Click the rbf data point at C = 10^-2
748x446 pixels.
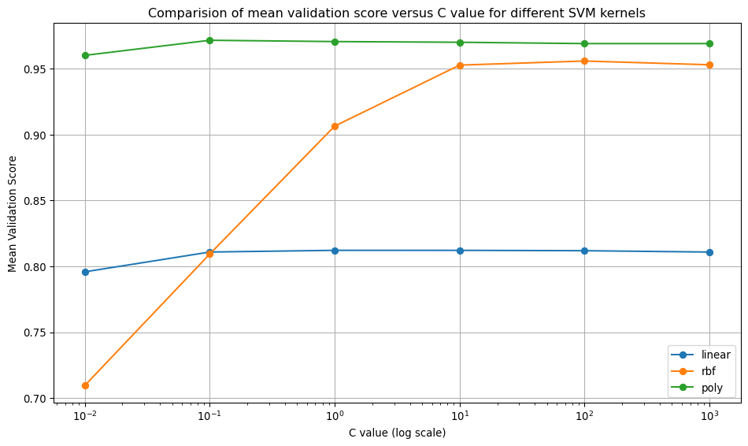click(x=85, y=385)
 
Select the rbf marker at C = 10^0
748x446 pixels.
click(x=335, y=126)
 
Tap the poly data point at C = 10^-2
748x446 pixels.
click(x=85, y=55)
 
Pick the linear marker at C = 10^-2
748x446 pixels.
click(x=85, y=272)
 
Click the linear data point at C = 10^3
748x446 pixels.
click(x=709, y=252)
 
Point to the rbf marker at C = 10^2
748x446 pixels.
click(x=584, y=61)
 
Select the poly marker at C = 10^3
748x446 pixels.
click(x=709, y=43)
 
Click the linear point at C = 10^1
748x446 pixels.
click(x=460, y=251)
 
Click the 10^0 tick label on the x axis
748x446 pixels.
click(x=335, y=414)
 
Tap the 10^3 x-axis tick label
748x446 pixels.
click(x=709, y=414)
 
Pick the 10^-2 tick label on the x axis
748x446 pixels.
click(x=85, y=414)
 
